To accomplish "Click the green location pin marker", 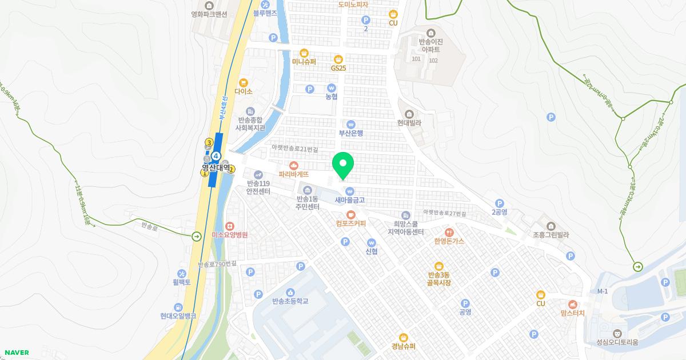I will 343,165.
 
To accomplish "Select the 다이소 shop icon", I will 244,82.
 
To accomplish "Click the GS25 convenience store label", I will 338,68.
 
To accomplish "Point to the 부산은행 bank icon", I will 351,124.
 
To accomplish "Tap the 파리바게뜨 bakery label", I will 294,174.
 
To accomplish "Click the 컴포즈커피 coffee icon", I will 351,214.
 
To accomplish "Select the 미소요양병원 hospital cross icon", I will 229,226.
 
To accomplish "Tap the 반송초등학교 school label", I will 290,301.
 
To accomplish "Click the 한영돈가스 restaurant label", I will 449,241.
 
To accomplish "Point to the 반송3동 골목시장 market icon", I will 439,266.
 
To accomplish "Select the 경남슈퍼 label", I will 404,346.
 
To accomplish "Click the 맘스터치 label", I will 573,313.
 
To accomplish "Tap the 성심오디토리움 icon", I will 617,333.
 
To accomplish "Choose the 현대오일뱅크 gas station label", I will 178,315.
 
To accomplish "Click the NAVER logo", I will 17,353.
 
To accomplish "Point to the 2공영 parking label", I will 500,211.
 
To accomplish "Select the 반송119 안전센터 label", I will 258,187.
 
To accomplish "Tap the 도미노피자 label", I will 353,5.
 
